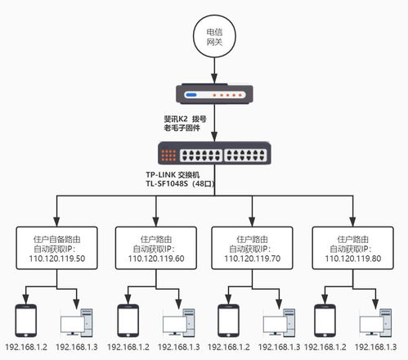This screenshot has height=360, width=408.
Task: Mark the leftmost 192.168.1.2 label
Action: [x=26, y=348]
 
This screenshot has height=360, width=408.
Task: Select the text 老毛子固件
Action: [x=185, y=128]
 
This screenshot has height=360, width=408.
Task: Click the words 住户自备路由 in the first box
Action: [x=57, y=232]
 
